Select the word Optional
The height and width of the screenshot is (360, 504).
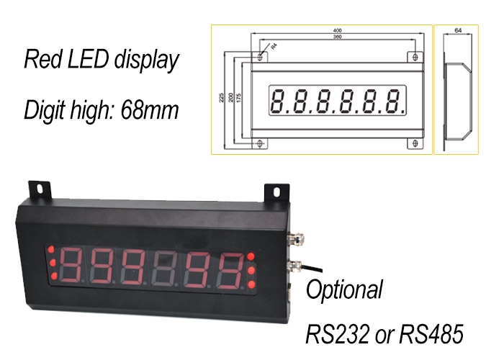(345, 291)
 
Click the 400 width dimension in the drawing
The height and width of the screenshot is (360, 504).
(337, 31)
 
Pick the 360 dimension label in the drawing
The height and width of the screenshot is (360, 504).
(337, 37)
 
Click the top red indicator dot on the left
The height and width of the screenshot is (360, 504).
(52, 249)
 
